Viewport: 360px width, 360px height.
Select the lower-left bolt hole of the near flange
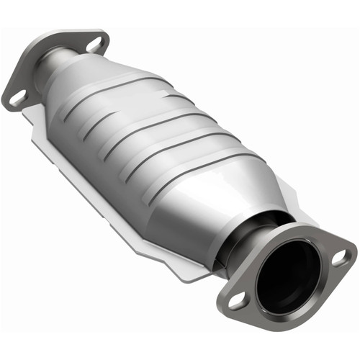click(235, 303)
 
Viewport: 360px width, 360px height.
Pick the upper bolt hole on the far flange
click(94, 44)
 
